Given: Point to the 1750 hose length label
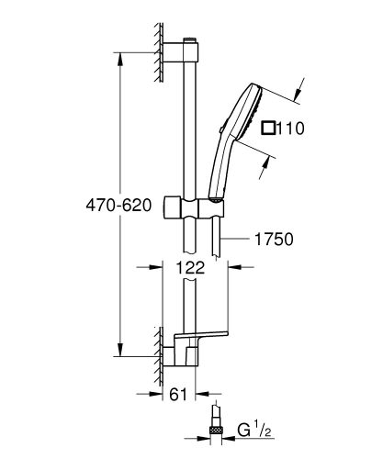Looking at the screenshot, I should [273, 240].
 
